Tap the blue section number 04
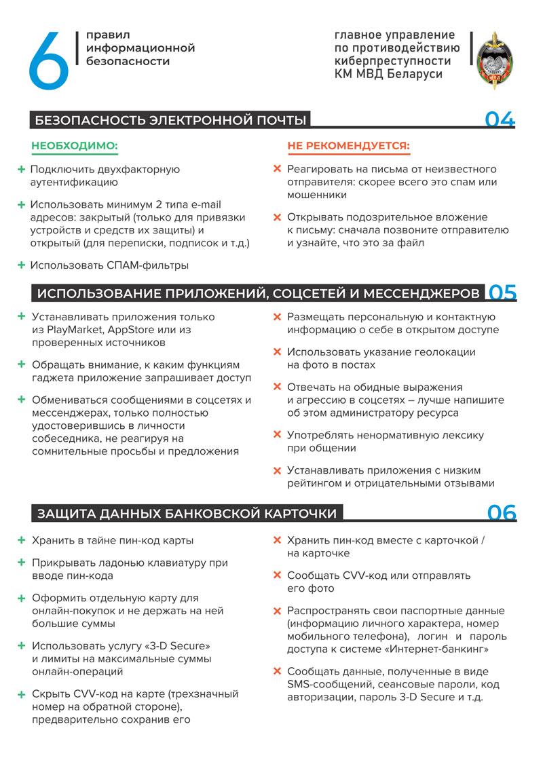(x=500, y=120)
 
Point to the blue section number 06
(x=502, y=512)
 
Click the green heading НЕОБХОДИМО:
(x=75, y=145)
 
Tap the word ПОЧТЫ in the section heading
(x=275, y=121)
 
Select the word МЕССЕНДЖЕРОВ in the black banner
(x=422, y=293)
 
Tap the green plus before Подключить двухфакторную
(x=22, y=169)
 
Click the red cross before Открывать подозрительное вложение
(x=277, y=218)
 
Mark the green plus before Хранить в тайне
(x=22, y=541)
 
